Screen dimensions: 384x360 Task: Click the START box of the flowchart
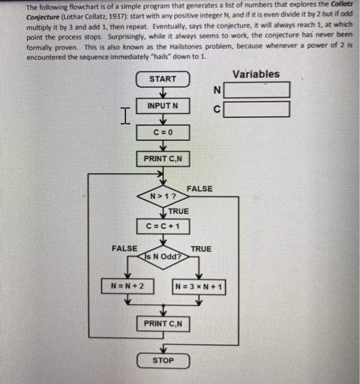163,79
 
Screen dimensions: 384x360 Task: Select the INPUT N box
163,105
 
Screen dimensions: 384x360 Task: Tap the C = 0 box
163,133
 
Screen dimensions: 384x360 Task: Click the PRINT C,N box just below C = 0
163,159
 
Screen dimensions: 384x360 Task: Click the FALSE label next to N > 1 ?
199,189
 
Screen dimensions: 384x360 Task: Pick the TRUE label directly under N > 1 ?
178,211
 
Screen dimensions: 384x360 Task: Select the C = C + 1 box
163,226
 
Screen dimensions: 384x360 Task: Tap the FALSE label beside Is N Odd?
124,249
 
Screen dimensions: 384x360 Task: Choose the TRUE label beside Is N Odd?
201,249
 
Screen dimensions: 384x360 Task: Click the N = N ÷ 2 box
128,286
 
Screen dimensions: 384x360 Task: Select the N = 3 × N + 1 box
200,287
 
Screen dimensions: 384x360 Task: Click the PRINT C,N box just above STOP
163,324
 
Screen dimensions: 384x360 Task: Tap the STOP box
163,360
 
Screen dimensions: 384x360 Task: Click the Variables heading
256,74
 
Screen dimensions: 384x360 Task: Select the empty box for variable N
256,90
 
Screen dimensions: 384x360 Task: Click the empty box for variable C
256,109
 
